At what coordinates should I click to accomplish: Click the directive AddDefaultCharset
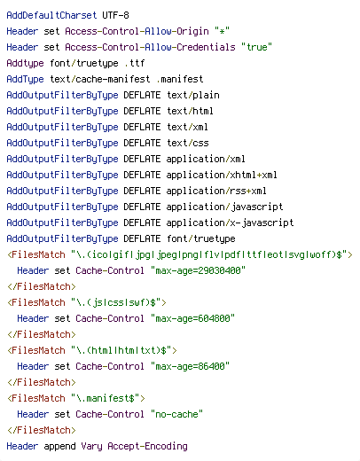pos(51,15)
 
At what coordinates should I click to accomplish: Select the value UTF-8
pos(115,15)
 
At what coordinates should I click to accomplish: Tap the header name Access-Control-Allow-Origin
pos(137,31)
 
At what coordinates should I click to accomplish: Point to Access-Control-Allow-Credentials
pos(150,47)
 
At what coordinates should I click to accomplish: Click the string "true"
pos(256,47)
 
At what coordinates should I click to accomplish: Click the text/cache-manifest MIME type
pos(99,79)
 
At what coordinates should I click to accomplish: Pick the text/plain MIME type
pos(193,95)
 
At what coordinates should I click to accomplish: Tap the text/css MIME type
pos(188,143)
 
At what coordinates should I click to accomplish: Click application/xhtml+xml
pos(222,175)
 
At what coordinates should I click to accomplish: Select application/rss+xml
pos(216,191)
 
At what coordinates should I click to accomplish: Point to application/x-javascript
pos(230,223)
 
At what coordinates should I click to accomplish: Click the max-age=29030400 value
pos(198,270)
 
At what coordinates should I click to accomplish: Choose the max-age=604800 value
pos(192,318)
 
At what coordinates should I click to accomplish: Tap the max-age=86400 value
pos(190,366)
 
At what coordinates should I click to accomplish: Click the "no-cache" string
pos(176,414)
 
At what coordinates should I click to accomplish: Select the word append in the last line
pos(59,447)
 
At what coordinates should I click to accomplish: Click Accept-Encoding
pos(147,447)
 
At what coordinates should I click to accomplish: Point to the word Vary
pos(91,447)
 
